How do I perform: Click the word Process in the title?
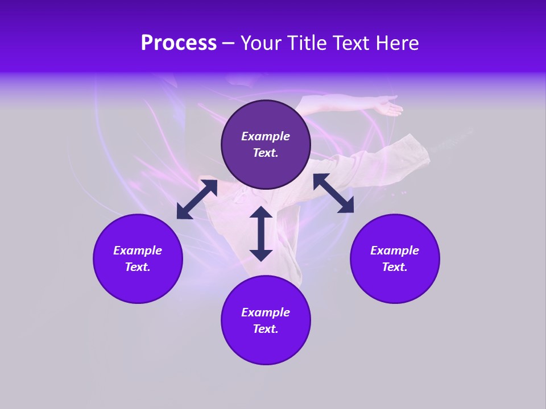pos(179,43)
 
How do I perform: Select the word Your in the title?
pos(260,43)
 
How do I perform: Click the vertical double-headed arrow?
pos(261,233)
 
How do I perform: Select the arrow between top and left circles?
pos(197,199)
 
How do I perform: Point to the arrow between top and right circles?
pos(333,193)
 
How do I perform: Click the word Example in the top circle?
pos(266,136)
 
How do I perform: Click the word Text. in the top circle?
pos(266,153)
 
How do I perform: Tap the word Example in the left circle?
pos(138,251)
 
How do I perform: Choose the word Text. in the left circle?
pos(138,267)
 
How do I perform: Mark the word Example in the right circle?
pos(395,251)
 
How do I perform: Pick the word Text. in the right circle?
pos(395,267)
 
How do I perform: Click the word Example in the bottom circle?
pos(266,312)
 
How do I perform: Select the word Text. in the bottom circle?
pos(266,329)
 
